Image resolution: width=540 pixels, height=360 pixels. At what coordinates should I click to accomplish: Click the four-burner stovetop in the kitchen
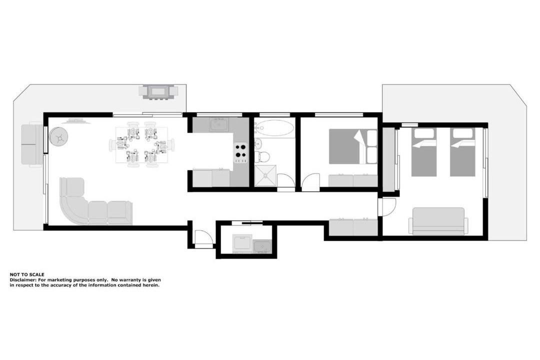coord(240,152)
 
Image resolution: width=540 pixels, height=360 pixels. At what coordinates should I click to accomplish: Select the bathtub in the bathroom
coord(275,128)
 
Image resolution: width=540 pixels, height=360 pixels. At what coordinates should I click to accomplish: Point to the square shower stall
coord(265,175)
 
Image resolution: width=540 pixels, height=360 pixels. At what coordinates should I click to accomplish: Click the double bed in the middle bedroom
coord(353,146)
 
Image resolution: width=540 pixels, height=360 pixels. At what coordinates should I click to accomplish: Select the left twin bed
coord(423,152)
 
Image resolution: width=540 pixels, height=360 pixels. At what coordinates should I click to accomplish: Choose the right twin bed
coord(462,152)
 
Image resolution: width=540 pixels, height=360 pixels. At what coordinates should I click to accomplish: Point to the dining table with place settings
coord(142,144)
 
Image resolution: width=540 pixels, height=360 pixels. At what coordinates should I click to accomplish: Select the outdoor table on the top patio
coord(158,92)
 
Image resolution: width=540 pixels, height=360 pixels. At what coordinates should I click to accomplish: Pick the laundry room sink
coord(262,246)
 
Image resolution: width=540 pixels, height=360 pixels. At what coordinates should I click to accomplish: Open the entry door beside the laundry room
coord(202,238)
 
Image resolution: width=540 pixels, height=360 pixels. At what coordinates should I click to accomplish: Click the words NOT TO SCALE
coord(27,274)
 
